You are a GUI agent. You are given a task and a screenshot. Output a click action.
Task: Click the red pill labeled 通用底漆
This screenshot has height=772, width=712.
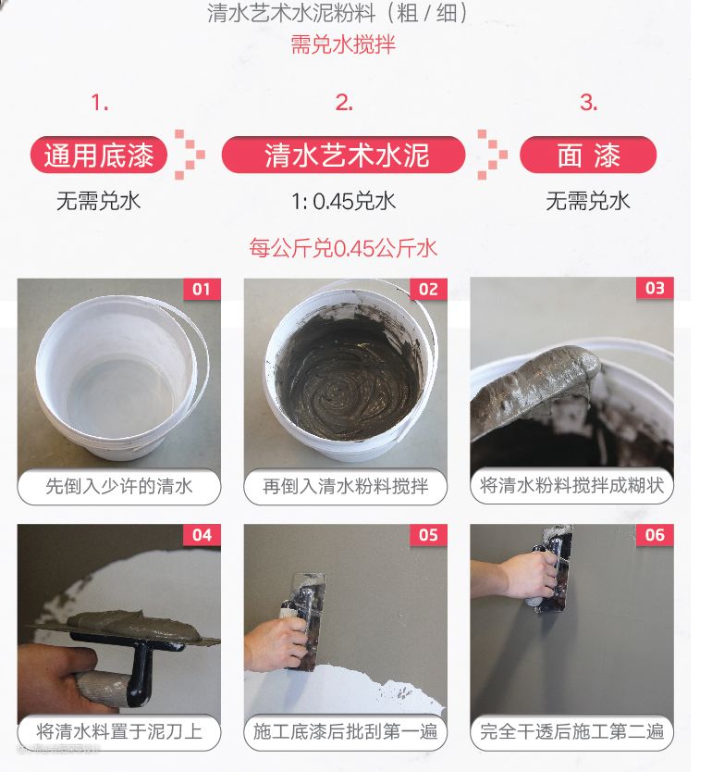99,156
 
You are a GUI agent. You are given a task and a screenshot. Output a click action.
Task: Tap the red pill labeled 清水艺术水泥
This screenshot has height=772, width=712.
344,156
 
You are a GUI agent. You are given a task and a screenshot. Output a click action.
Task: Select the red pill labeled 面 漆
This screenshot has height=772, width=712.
588,156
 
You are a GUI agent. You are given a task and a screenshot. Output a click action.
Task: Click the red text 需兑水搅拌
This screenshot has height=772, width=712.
343,44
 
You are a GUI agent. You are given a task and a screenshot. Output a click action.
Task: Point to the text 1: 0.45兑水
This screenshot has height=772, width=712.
344,202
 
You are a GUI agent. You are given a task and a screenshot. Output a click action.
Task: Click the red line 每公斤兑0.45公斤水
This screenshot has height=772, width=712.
343,248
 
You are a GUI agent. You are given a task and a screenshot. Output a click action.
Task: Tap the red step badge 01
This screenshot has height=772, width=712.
202,289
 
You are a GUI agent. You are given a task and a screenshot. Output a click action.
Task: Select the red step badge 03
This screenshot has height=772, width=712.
655,288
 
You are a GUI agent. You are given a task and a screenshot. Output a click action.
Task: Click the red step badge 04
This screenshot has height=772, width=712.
202,535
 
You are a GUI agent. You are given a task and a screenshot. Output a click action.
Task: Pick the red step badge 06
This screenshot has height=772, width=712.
655,535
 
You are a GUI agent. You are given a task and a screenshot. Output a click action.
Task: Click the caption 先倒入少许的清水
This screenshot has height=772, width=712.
119,487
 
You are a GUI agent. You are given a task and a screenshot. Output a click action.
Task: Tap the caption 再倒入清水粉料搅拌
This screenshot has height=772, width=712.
345,487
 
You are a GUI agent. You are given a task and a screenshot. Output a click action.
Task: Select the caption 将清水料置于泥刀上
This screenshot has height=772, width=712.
119,732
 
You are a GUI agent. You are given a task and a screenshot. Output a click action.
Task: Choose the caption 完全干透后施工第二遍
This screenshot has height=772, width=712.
571,732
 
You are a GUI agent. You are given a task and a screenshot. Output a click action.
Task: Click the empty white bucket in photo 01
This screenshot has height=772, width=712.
120,377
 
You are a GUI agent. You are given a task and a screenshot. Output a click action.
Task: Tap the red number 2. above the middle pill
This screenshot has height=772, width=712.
344,103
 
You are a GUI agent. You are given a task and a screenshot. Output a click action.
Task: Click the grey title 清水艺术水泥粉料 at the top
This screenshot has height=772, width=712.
291,13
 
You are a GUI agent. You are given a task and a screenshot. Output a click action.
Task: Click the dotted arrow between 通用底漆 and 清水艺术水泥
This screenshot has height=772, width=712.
190,154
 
